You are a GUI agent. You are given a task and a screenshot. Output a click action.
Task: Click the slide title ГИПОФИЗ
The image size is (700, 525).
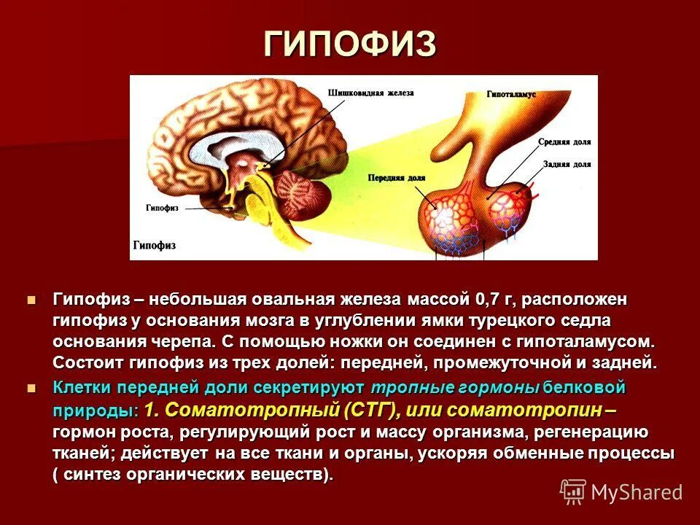[350, 44]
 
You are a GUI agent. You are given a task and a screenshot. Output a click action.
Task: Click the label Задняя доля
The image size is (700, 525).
[567, 165]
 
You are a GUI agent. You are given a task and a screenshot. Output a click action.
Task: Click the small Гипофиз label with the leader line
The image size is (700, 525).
[162, 208]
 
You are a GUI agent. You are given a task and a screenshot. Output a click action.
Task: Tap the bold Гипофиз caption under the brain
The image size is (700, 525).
[154, 245]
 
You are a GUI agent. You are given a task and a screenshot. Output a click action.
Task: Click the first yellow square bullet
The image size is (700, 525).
[31, 300]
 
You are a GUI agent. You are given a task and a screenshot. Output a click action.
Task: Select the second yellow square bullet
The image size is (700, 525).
[31, 387]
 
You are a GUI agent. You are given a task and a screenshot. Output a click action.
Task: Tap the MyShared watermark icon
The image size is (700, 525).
[573, 491]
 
